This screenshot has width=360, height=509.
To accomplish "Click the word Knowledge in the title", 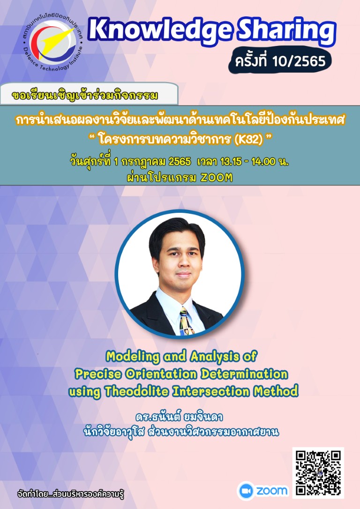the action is [x=160, y=31].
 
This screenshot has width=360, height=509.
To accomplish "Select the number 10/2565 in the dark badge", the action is [x=299, y=61].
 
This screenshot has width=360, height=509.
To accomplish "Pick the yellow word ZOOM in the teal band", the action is [x=217, y=178].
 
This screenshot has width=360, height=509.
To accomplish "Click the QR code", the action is [x=318, y=472].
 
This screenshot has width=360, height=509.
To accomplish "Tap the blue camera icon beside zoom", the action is [x=246, y=491].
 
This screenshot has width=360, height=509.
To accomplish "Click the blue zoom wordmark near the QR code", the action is [x=272, y=491].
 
